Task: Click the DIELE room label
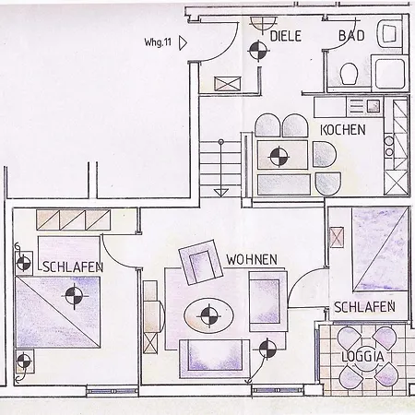(286, 36)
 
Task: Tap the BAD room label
(351, 36)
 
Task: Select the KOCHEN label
(343, 130)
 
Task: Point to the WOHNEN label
(252, 260)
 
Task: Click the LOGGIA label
(362, 357)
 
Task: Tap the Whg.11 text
(158, 42)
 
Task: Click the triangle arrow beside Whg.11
(183, 43)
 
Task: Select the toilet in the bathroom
(350, 74)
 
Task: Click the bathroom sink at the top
(389, 34)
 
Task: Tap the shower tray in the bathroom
(390, 73)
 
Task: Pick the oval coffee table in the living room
(208, 314)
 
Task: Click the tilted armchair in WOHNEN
(201, 262)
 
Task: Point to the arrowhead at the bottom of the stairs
(220, 193)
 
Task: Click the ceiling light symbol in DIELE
(258, 51)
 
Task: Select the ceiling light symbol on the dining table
(279, 156)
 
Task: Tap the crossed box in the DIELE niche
(228, 84)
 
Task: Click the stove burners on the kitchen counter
(389, 146)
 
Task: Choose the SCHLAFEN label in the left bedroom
(73, 267)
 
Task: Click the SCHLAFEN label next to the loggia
(364, 307)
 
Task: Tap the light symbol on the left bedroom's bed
(75, 296)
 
